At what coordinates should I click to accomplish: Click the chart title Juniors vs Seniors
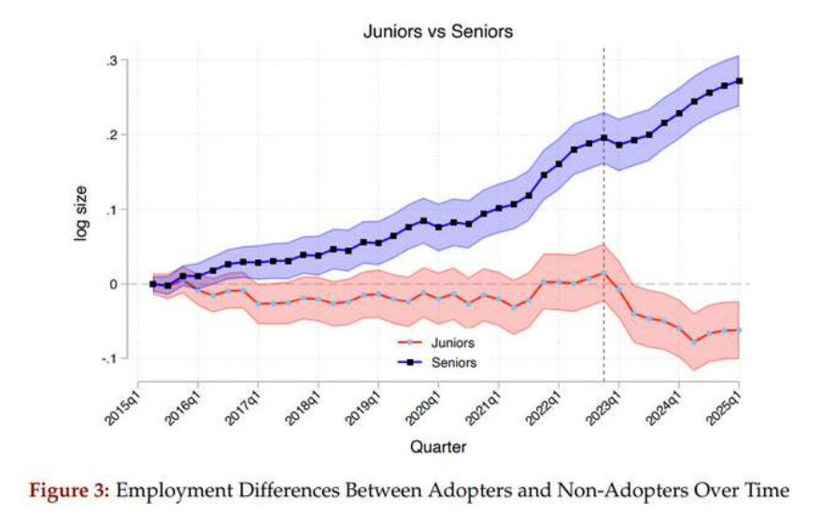click(x=438, y=32)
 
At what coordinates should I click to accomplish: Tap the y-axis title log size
click(x=81, y=210)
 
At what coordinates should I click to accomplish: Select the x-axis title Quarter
click(x=438, y=447)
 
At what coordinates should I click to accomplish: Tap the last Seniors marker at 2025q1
click(x=740, y=81)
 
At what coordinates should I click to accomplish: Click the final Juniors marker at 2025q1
click(x=740, y=329)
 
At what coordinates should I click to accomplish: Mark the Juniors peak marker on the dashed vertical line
click(x=604, y=272)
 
